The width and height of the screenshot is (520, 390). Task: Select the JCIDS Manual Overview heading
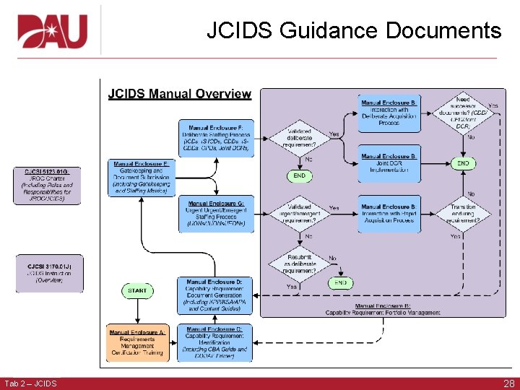(x=180, y=94)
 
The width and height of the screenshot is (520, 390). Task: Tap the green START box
(x=138, y=290)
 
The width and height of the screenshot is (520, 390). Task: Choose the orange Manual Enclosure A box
(x=137, y=343)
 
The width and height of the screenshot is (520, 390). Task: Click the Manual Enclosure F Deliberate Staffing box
(x=216, y=137)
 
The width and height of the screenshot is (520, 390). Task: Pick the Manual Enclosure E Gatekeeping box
(x=141, y=178)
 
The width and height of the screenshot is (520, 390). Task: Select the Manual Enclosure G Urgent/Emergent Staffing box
(x=216, y=214)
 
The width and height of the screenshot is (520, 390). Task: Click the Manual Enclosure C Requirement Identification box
(x=214, y=343)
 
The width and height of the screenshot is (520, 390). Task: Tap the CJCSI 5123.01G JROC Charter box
(x=47, y=186)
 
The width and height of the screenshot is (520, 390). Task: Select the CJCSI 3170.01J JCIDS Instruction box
(x=47, y=272)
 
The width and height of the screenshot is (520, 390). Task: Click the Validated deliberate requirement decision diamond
(x=299, y=138)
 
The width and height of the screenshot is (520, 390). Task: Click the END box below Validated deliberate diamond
(x=299, y=175)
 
